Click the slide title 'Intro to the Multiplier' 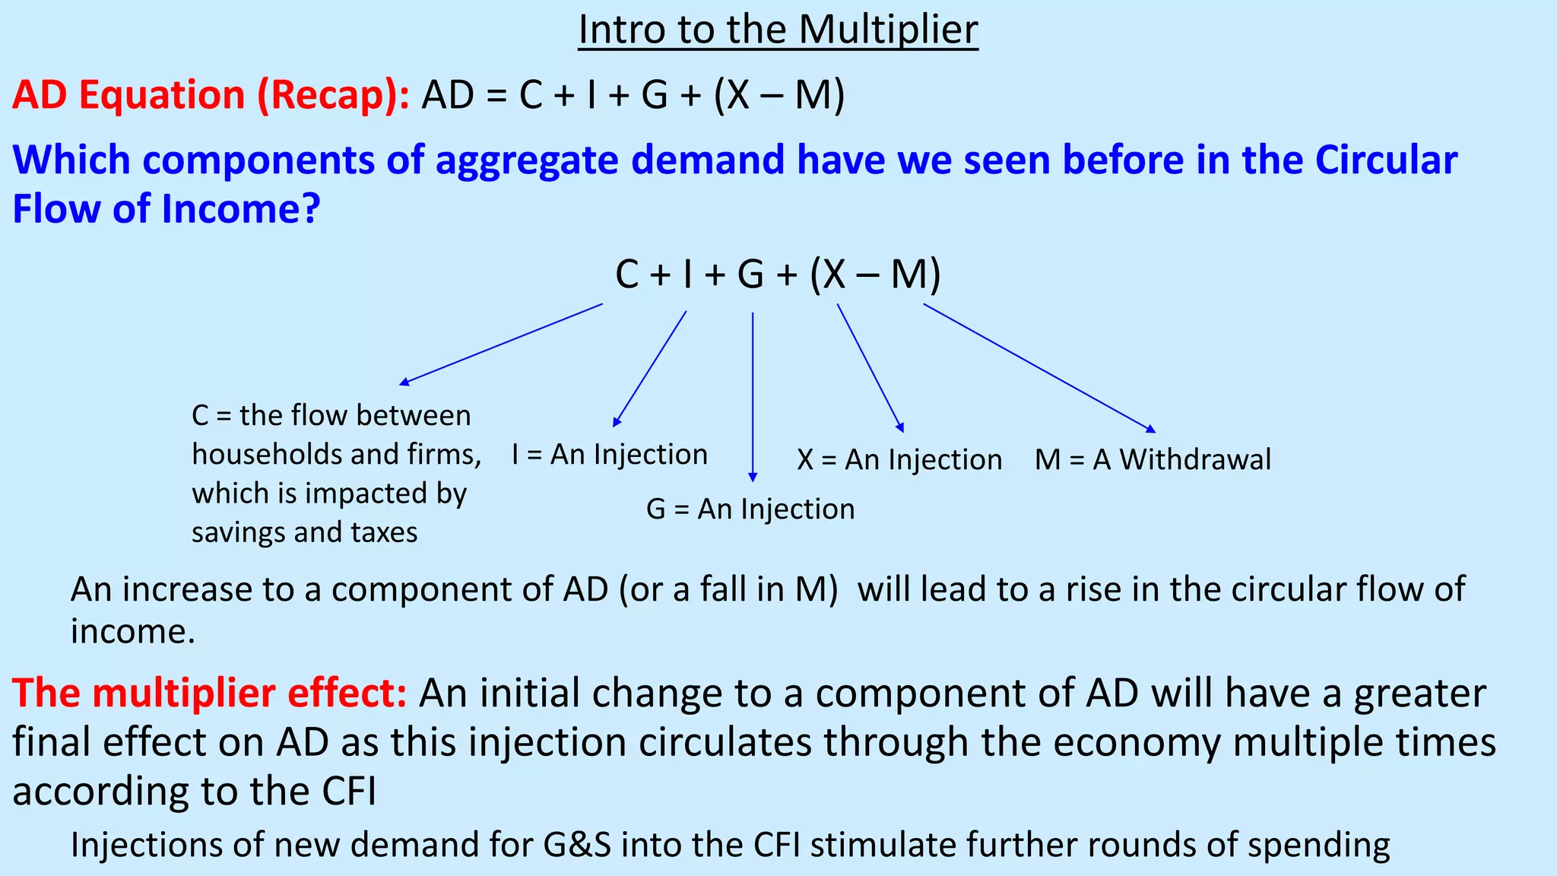(778, 30)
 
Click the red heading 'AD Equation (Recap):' (211, 96)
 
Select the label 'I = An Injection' (610, 455)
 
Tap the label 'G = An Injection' (750, 509)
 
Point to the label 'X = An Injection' (899, 460)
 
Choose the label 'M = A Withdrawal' (1153, 459)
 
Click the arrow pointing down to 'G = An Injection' (753, 395)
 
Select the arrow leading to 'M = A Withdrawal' (1038, 367)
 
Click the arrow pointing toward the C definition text (502, 344)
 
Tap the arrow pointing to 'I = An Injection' (650, 368)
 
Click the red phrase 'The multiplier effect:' (210, 693)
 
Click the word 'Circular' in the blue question (1386, 160)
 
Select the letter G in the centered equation (750, 275)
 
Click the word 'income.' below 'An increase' (133, 632)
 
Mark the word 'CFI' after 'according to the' (349, 792)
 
